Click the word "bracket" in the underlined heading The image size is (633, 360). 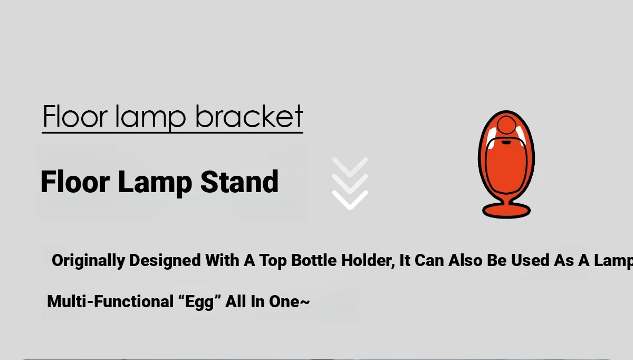pos(249,116)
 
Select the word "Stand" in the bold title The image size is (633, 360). pos(239,182)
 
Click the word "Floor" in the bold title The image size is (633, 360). pos(75,182)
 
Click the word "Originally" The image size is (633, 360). pos(88,261)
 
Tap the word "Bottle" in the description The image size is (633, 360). pos(314,260)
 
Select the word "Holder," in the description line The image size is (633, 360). pos(368,260)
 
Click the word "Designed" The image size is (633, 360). pos(165,260)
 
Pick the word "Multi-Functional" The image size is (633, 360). pos(110,301)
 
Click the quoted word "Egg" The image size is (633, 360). pos(199,302)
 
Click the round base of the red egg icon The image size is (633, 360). pos(506,211)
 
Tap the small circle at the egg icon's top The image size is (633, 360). pos(506,125)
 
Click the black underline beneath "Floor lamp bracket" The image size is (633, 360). pos(172,132)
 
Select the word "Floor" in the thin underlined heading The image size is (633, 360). pos(75,117)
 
